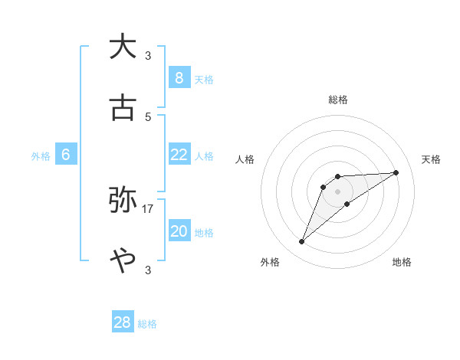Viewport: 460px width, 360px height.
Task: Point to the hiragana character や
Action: pyautogui.click(x=123, y=261)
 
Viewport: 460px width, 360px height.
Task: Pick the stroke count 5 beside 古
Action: pyautogui.click(x=148, y=117)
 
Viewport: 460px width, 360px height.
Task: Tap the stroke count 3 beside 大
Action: pyautogui.click(x=148, y=55)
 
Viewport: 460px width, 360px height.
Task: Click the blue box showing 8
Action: pyautogui.click(x=179, y=77)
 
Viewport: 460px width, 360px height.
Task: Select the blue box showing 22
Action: pyautogui.click(x=179, y=155)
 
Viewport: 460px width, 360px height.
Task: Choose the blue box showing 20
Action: pyautogui.click(x=179, y=231)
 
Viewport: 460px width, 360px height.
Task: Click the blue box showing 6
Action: pyautogui.click(x=66, y=155)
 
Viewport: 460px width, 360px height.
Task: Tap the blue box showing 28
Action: pyautogui.click(x=123, y=322)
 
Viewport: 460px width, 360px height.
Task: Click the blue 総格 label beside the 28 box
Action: pyautogui.click(x=147, y=324)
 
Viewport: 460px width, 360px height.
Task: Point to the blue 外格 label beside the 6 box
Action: pyautogui.click(x=41, y=156)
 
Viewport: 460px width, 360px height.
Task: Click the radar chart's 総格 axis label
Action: pyautogui.click(x=338, y=100)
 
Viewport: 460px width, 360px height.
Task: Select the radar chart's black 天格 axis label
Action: pyautogui.click(x=432, y=159)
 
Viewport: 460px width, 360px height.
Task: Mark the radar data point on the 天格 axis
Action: pyautogui.click(x=396, y=172)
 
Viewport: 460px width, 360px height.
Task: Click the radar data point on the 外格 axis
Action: pyautogui.click(x=301, y=242)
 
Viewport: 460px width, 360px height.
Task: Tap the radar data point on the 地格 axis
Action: pyautogui.click(x=347, y=204)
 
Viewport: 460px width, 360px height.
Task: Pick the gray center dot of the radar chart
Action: pyautogui.click(x=337, y=191)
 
